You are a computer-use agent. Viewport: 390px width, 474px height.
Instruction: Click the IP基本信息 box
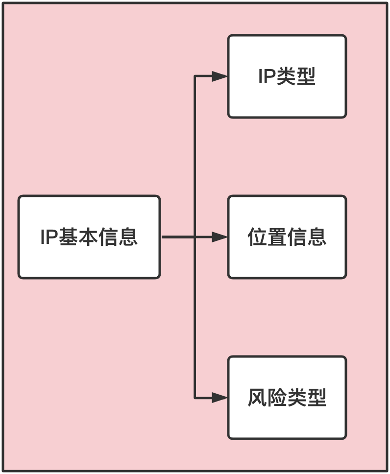[x=89, y=237]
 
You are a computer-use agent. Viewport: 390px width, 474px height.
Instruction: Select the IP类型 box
[x=287, y=76]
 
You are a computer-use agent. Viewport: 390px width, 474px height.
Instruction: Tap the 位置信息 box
[x=287, y=237]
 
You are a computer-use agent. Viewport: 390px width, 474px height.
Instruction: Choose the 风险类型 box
[x=287, y=397]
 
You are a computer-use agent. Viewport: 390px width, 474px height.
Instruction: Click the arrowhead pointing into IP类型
[x=220, y=76]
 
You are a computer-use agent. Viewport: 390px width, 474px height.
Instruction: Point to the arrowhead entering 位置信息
[x=220, y=237]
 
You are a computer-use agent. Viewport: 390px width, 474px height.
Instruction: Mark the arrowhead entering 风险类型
[x=220, y=398]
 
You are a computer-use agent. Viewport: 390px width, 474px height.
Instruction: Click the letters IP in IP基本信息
[x=49, y=237]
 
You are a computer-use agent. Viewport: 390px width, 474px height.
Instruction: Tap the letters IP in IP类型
[x=267, y=77]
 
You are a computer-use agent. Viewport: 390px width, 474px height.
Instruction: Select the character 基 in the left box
[x=69, y=237]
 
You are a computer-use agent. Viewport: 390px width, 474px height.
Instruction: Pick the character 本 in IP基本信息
[x=89, y=237]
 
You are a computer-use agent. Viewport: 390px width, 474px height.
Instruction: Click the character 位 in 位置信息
[x=258, y=237]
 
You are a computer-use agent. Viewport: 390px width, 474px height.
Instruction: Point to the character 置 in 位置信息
[x=277, y=237]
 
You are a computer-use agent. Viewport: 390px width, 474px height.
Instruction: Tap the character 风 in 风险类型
[x=258, y=398]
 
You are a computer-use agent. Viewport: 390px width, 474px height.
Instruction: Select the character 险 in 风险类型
[x=277, y=398]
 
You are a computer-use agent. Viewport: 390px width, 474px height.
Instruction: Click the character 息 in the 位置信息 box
[x=317, y=237]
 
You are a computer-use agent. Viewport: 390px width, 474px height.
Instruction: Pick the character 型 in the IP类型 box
[x=306, y=77]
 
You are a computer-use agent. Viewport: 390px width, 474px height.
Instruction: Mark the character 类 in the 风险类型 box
[x=297, y=398]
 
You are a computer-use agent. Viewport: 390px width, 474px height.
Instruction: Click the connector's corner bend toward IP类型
[x=195, y=76]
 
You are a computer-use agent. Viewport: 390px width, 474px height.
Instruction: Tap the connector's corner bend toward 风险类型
[x=195, y=398]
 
